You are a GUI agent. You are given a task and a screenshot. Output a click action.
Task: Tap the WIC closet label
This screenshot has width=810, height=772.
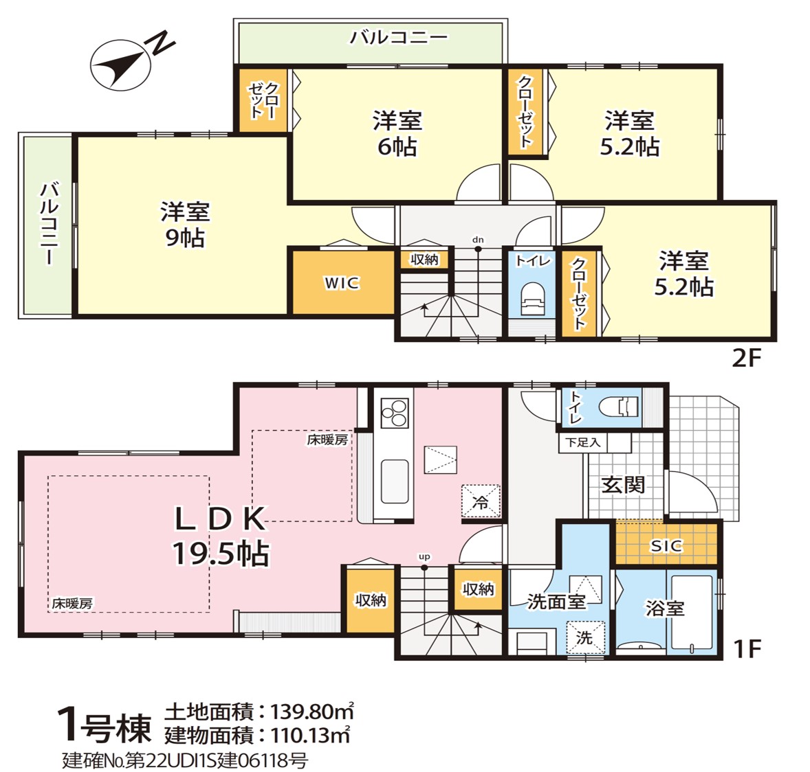[x=342, y=283]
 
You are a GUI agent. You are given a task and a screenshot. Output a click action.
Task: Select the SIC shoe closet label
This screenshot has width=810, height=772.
[x=666, y=545]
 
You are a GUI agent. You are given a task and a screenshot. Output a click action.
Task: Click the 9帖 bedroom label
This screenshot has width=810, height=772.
[x=185, y=238]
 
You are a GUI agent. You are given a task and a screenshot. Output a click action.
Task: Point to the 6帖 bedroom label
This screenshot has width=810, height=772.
[x=397, y=147]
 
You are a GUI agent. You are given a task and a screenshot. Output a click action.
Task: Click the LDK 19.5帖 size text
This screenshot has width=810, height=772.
[x=221, y=554]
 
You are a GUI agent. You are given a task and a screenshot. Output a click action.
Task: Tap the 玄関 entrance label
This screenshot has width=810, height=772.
[x=623, y=485]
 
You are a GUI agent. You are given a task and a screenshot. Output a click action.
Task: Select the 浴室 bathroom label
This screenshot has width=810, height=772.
[x=665, y=609]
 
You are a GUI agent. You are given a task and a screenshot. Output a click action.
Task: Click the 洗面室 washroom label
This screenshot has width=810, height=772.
[x=556, y=602]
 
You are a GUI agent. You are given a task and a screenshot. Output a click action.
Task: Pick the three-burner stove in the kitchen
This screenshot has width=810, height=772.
[x=394, y=413]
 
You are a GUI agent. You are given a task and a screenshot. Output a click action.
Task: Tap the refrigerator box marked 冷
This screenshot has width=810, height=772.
[x=481, y=501]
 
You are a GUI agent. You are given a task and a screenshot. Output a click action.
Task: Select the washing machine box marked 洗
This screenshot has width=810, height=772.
[x=585, y=638]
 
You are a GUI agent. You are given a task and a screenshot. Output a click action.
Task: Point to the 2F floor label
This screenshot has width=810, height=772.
[x=747, y=358]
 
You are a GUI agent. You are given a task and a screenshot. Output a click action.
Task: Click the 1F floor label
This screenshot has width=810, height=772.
[x=747, y=648]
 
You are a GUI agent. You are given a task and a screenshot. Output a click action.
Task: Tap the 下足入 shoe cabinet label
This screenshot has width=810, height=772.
[x=582, y=443]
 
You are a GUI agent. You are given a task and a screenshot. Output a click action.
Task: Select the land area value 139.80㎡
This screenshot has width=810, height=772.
[x=313, y=712]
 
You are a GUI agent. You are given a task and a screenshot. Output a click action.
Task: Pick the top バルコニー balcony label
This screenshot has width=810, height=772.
[x=399, y=38]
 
